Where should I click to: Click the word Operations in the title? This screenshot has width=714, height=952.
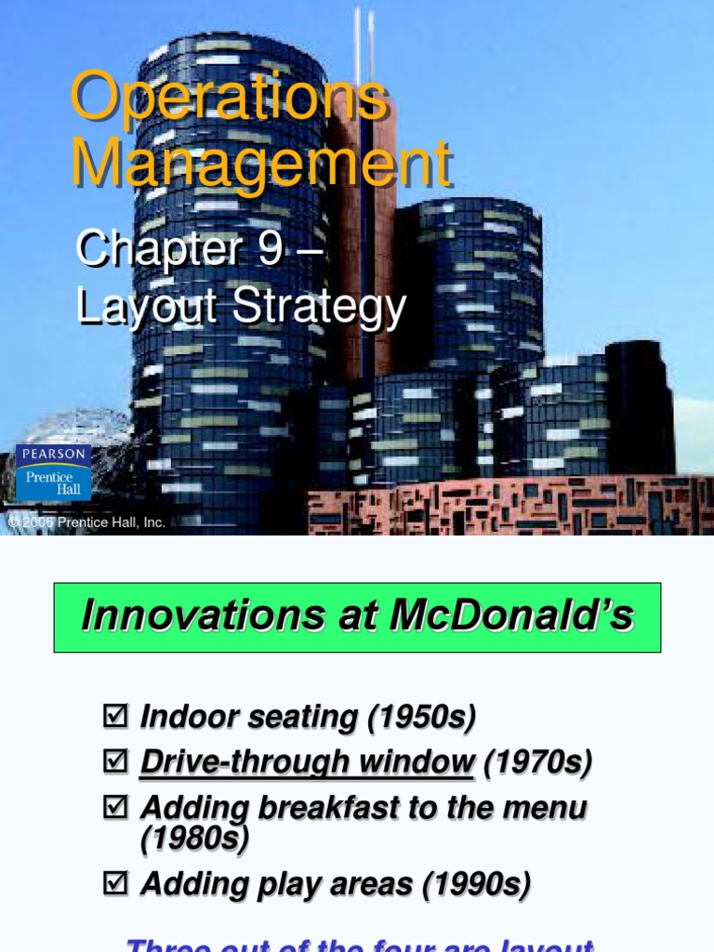point(229,98)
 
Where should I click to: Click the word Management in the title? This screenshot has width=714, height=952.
point(261,165)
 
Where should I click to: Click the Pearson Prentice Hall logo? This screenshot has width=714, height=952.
point(54,473)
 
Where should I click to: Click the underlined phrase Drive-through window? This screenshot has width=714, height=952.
point(307,762)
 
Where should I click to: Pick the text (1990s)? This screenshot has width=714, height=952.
point(476,884)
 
